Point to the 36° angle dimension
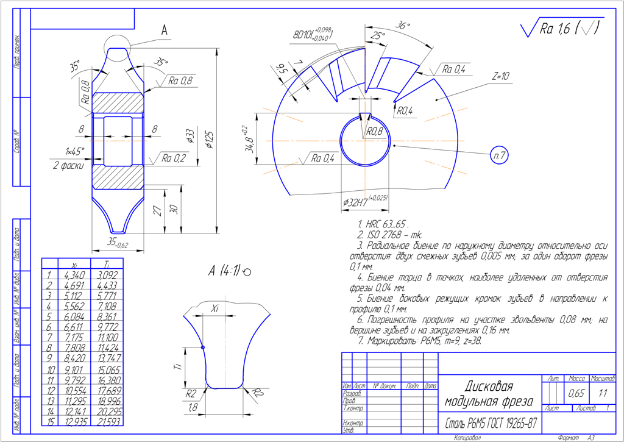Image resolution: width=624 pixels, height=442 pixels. (x=403, y=26)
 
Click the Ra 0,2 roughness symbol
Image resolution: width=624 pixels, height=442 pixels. (x=173, y=159)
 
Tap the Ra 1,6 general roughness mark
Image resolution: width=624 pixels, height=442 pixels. (x=561, y=29)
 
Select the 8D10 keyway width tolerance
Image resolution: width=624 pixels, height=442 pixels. (x=311, y=34)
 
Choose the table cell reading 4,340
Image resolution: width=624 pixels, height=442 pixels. (x=73, y=275)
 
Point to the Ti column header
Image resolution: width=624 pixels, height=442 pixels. (x=107, y=264)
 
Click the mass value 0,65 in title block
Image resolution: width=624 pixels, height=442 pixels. (x=576, y=394)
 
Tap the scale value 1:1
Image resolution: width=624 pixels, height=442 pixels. (x=603, y=394)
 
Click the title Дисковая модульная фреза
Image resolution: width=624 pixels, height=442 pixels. (x=489, y=394)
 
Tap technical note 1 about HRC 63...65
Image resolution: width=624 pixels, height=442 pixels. (x=383, y=224)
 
